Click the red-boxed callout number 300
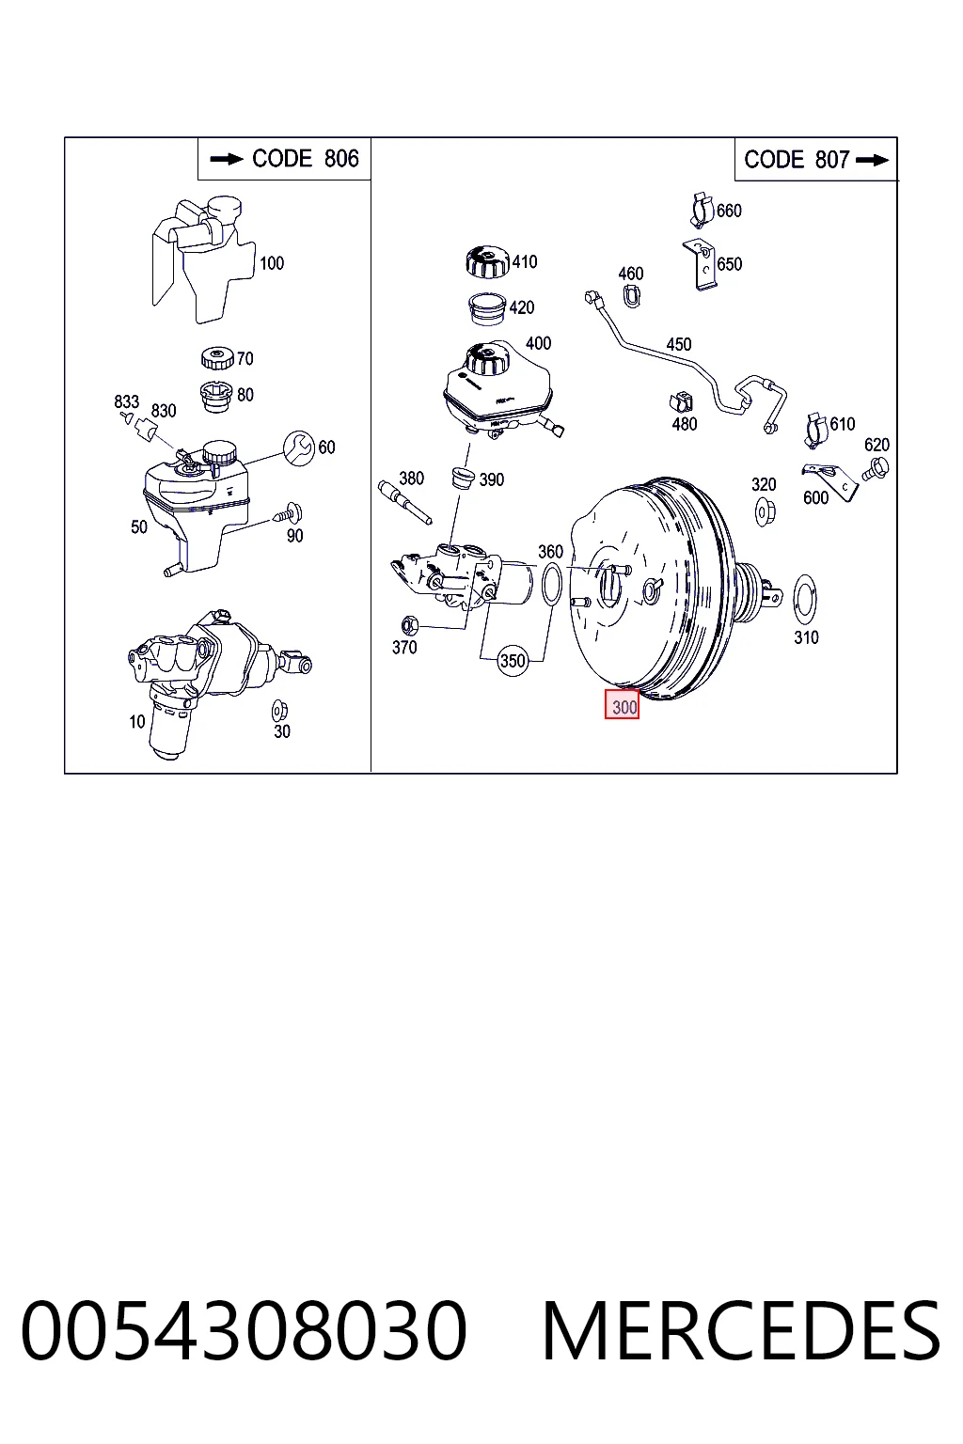pos(622,704)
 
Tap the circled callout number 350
pos(513,661)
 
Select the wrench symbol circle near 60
pos(299,448)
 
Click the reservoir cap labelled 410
pos(488,261)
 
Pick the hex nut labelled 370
pos(408,624)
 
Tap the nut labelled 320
pos(765,511)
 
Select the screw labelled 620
pos(875,469)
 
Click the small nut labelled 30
pos(279,711)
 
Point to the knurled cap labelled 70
pos(218,358)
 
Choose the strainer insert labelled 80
pos(216,396)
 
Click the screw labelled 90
pos(288,514)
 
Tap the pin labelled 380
pos(404,501)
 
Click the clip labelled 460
pos(631,296)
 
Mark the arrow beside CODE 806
pos(227,159)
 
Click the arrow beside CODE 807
pos(872,161)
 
